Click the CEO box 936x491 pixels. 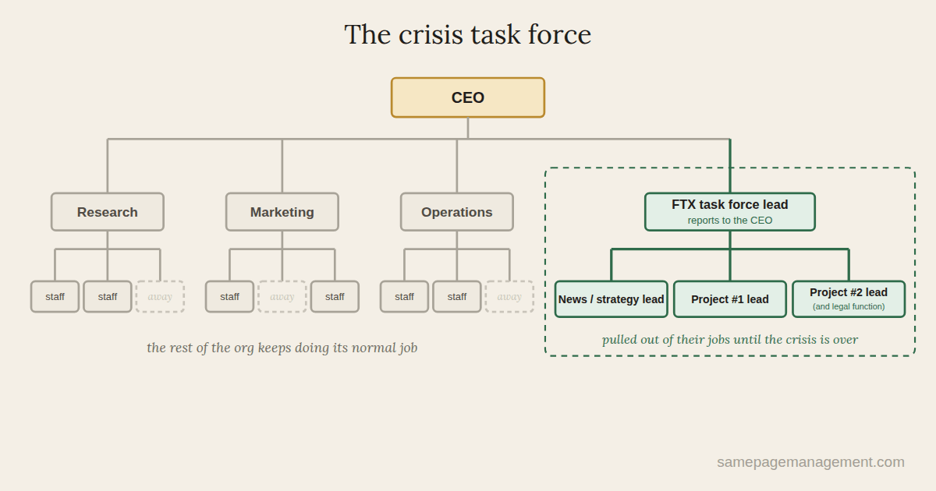(x=467, y=97)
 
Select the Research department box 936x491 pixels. (x=108, y=212)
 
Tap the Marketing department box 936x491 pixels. (x=282, y=212)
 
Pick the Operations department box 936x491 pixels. (x=457, y=212)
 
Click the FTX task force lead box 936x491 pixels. (x=730, y=212)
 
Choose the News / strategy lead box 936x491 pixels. (x=612, y=299)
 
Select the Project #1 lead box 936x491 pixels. (x=730, y=299)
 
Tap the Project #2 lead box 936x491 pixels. (x=849, y=299)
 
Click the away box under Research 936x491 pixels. (x=160, y=296)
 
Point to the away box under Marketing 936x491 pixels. (x=282, y=296)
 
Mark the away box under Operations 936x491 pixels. (x=509, y=296)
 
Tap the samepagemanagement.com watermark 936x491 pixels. (x=810, y=461)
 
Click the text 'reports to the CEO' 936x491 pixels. (x=730, y=220)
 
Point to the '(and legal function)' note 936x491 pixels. (x=849, y=306)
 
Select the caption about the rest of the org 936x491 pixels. (x=282, y=348)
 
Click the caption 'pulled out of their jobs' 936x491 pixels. (x=730, y=340)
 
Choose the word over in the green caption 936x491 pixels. (x=846, y=340)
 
